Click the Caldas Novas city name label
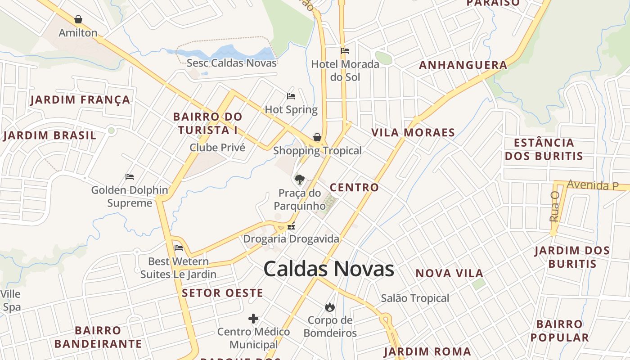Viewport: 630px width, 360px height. tap(328, 269)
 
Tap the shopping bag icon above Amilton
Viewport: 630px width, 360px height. tap(78, 19)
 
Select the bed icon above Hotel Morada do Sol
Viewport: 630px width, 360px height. tap(345, 50)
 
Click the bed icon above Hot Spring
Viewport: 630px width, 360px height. tap(291, 96)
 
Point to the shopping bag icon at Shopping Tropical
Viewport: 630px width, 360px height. tap(317, 137)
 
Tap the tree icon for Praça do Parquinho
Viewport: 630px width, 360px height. tap(299, 180)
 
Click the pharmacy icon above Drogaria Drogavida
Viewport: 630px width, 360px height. tap(291, 226)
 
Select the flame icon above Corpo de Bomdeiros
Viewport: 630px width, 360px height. tap(330, 307)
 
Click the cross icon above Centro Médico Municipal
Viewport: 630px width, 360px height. tap(253, 319)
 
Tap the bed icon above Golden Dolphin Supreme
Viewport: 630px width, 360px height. tap(130, 177)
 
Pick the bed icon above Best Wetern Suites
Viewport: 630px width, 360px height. tap(179, 247)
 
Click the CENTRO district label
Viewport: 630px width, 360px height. tap(354, 188)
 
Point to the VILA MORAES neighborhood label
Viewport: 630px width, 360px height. tap(413, 133)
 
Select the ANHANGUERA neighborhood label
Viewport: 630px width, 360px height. tap(463, 65)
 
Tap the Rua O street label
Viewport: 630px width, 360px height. tap(554, 206)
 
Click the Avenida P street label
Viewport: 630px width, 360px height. tap(593, 185)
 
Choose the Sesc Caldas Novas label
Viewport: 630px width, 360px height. tap(231, 63)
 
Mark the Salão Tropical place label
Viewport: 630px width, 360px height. tap(415, 298)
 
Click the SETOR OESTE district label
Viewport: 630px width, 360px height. tap(222, 293)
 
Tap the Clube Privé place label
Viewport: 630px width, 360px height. tap(217, 148)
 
